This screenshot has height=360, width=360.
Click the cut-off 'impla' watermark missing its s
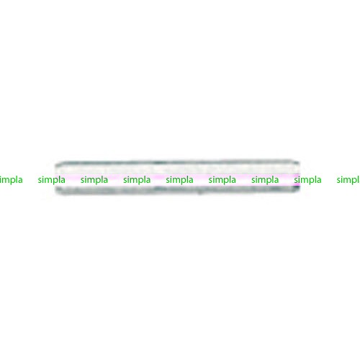(x=12, y=180)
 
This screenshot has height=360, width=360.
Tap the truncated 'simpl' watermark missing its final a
(x=348, y=180)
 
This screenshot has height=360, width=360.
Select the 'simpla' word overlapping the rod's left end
(x=51, y=180)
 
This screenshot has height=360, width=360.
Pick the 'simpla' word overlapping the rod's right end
(x=307, y=180)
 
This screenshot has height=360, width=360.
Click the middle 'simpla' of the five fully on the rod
(x=179, y=180)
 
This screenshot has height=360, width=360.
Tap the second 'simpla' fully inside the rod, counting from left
(x=137, y=180)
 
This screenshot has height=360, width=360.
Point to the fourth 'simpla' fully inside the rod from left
(x=222, y=180)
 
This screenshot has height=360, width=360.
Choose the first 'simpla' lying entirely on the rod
(x=94, y=180)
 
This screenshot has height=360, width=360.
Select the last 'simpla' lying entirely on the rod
(x=265, y=180)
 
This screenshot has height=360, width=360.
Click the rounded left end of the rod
(x=57, y=178)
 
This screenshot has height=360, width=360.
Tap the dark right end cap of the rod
(x=297, y=177)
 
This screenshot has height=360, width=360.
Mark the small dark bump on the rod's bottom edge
(x=199, y=192)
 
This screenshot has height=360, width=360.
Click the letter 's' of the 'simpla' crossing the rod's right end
(x=297, y=180)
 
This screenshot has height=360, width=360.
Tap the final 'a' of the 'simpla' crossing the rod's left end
(x=63, y=180)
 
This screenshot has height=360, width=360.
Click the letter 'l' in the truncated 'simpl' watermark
(x=359, y=179)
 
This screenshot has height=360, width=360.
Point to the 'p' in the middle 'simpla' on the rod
(x=182, y=181)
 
